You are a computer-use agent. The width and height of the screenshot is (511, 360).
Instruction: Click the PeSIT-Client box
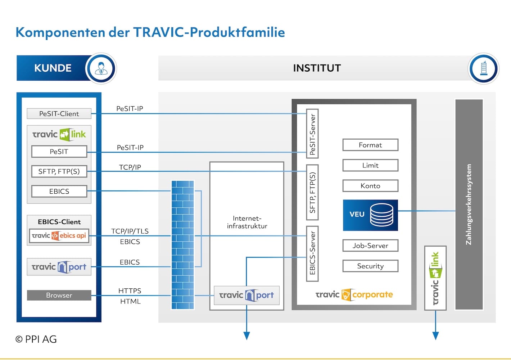pos(59,113)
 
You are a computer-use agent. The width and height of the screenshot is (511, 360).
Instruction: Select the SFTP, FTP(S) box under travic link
pos(59,171)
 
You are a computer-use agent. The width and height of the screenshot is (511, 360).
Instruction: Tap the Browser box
pos(59,295)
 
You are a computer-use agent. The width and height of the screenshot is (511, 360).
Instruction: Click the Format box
pos(370,145)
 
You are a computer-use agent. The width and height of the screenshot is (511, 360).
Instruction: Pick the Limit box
pos(370,165)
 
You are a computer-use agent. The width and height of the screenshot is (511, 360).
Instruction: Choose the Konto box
pos(370,186)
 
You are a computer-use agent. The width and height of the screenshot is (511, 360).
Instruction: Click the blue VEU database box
pos(370,215)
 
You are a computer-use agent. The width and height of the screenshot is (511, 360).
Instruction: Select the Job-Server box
pos(370,246)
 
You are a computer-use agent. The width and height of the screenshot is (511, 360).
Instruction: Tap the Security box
pos(370,266)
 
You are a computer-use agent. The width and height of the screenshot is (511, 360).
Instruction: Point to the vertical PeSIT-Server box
pos(312,134)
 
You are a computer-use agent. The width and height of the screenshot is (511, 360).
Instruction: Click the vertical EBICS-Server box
pos(312,253)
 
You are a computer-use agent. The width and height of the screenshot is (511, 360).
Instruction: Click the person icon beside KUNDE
pos(101,68)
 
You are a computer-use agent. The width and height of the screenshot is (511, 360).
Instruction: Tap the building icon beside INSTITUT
pos(483,68)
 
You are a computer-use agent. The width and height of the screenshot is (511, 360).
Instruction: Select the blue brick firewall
pos(183,245)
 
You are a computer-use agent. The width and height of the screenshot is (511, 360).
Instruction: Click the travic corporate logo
pos(354,294)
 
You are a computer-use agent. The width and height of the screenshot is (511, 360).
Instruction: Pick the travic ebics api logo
pos(59,235)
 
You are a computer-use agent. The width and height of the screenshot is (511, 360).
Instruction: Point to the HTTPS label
pos(130,291)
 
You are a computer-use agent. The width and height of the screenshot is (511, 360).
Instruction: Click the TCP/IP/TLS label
pos(130,231)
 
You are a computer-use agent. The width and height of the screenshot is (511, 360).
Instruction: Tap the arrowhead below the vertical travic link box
pos(435,336)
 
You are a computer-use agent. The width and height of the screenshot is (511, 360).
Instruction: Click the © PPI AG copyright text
pos(36,339)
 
